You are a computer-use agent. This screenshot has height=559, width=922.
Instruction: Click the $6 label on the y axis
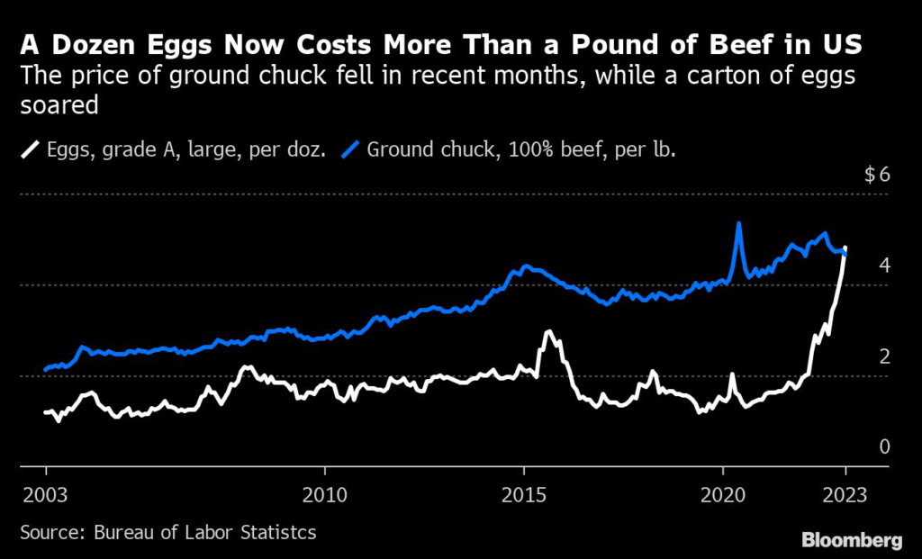(x=877, y=175)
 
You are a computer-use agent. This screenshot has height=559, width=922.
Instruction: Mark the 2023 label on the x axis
(x=845, y=493)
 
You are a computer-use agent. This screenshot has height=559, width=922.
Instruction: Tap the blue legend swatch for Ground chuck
(x=351, y=148)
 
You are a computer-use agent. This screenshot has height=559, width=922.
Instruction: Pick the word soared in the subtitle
(x=59, y=106)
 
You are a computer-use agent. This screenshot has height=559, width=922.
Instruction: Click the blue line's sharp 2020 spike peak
(x=738, y=223)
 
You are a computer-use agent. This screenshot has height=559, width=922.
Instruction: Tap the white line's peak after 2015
(x=547, y=332)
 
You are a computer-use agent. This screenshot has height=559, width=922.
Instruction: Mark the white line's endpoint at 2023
(x=845, y=248)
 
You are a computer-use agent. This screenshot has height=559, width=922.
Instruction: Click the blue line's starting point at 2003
(x=46, y=369)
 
